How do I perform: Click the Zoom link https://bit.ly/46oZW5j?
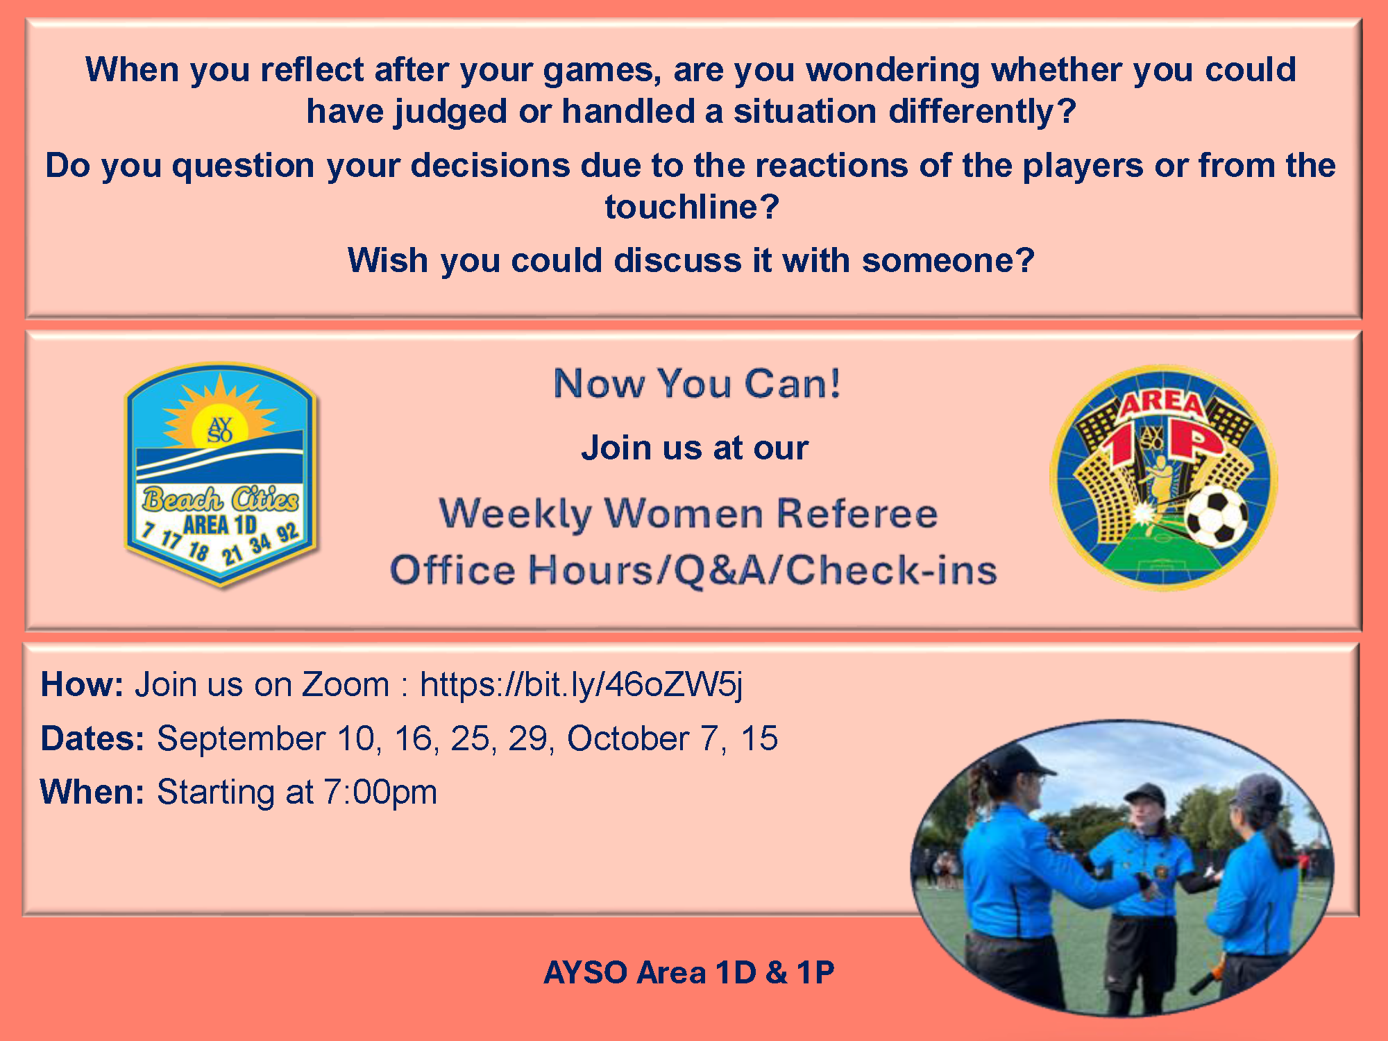point(582,686)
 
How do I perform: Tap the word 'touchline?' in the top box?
point(693,207)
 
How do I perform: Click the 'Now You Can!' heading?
point(697,383)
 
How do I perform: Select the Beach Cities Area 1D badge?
point(221,475)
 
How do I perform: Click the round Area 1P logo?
point(1163,477)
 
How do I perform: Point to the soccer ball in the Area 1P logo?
point(1217,516)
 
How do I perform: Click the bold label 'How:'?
point(82,684)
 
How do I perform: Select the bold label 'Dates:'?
point(92,738)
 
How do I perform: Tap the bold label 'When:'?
point(92,792)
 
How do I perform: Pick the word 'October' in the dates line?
point(628,738)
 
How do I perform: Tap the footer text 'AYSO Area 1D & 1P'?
point(689,972)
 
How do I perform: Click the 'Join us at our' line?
point(695,448)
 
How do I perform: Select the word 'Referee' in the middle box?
point(857,514)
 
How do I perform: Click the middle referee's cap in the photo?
point(1146,792)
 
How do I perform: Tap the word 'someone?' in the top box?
point(948,261)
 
